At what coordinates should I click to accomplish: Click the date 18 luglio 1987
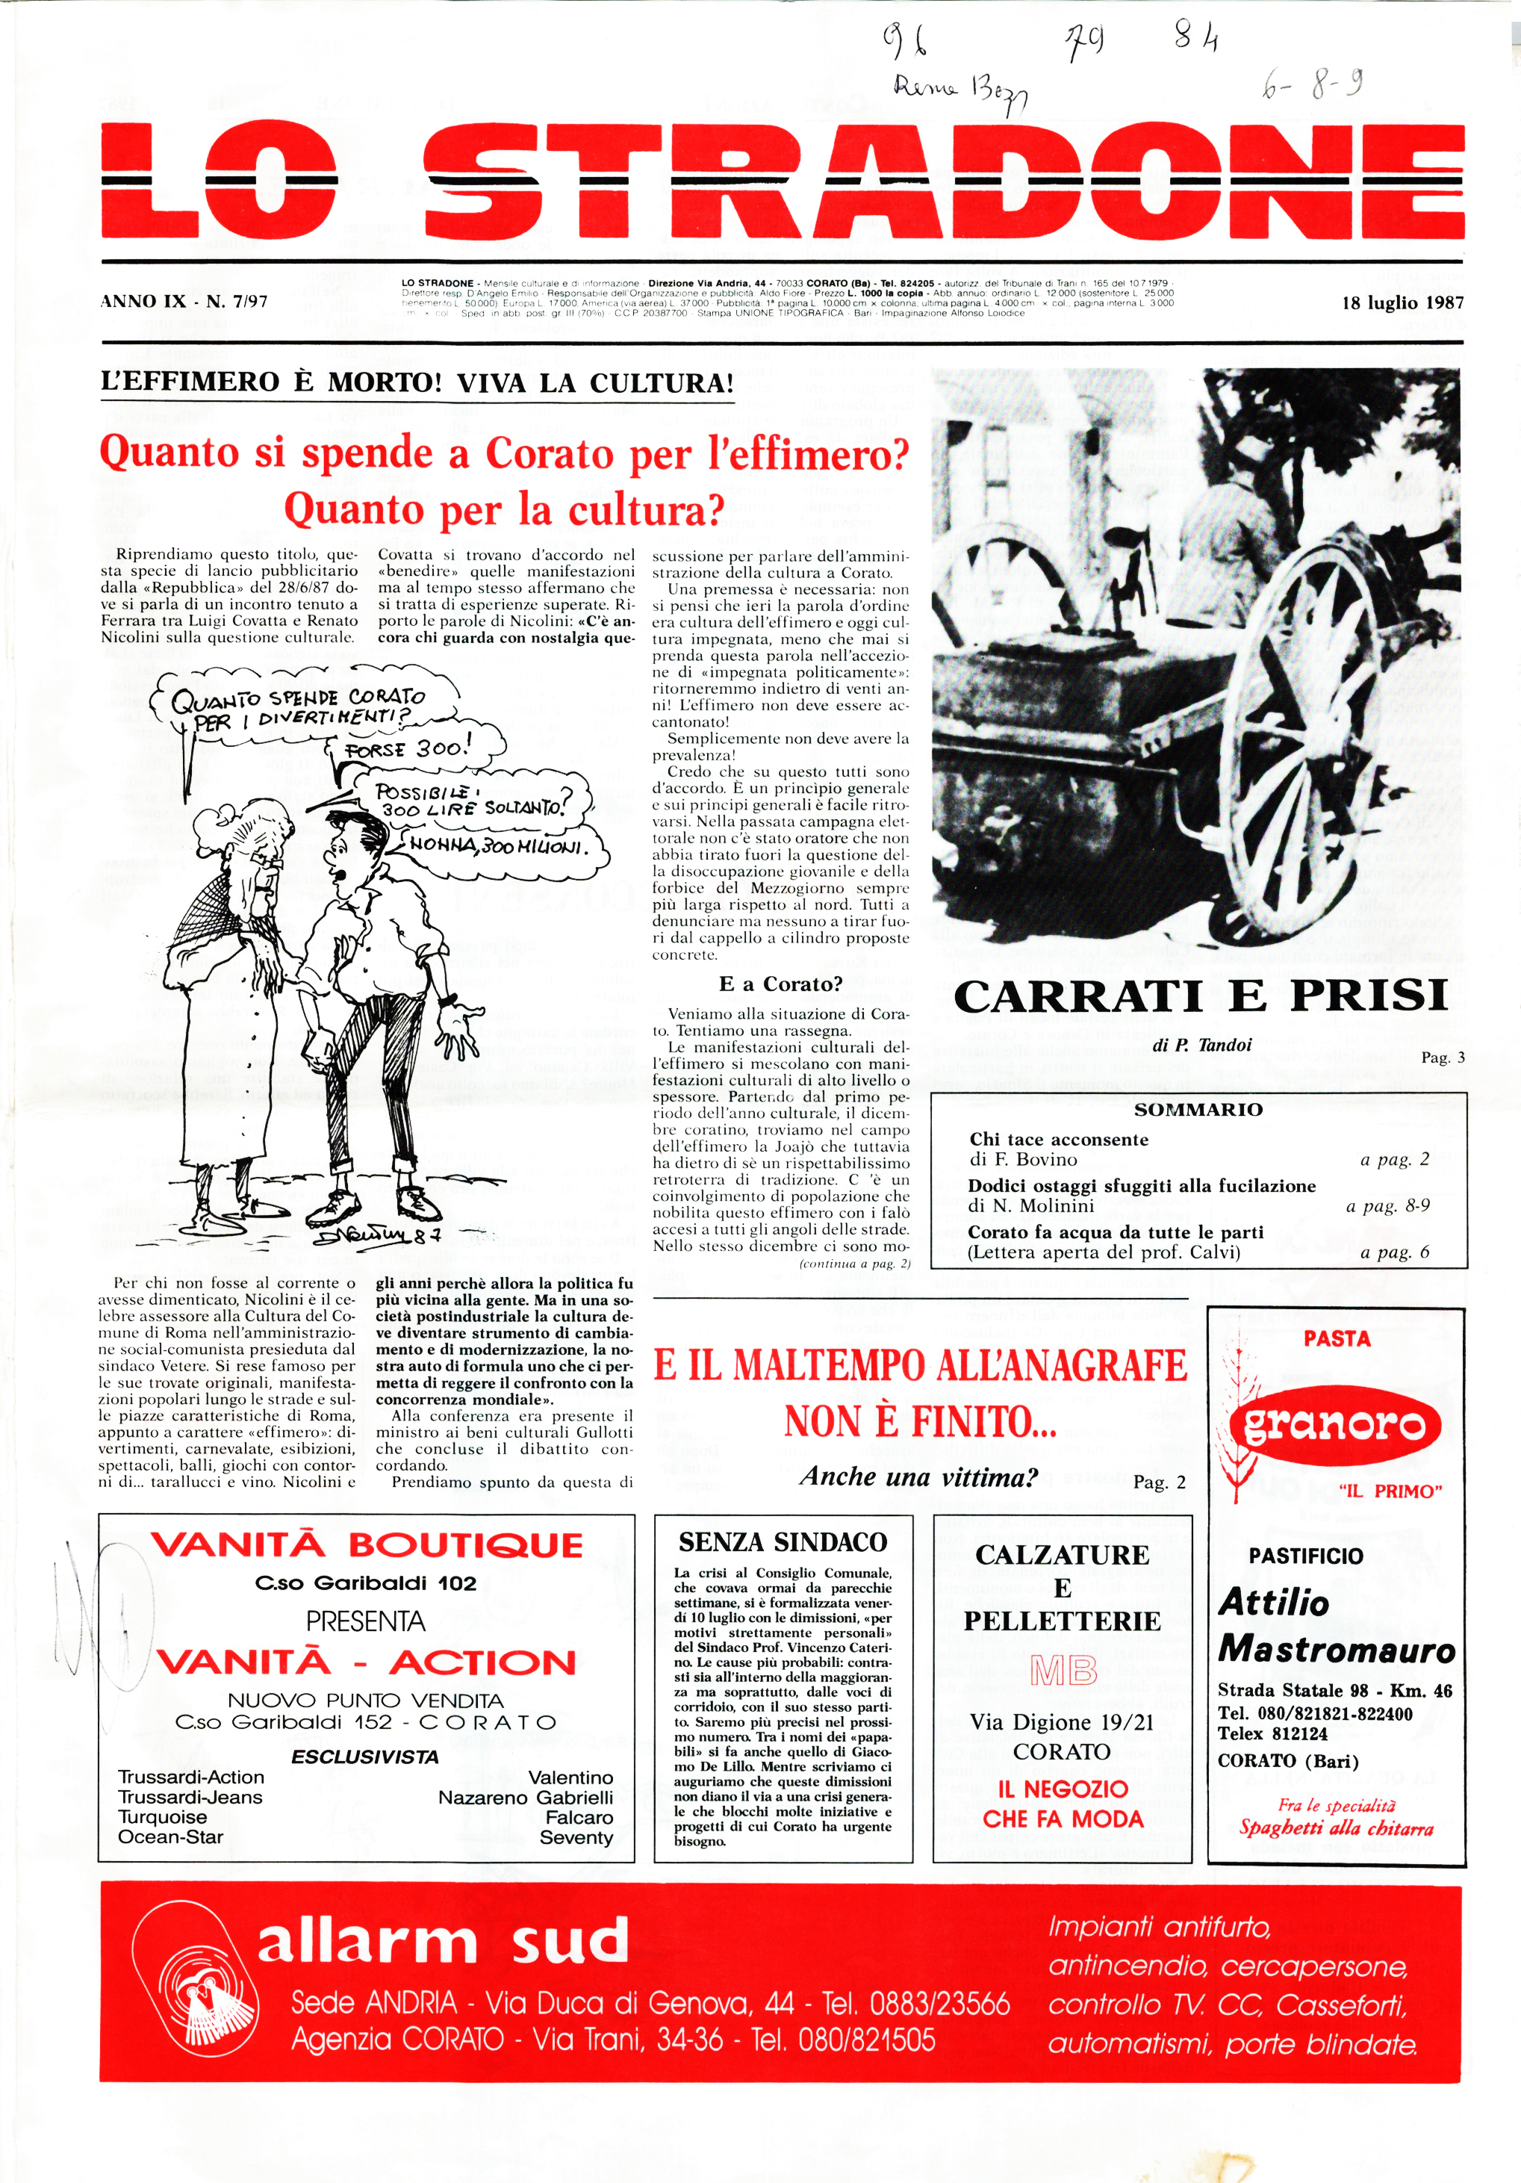click(1402, 303)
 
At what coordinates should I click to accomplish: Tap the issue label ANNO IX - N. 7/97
click(184, 302)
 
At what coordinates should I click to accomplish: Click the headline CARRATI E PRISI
click(1200, 996)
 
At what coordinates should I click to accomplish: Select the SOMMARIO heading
click(1198, 1110)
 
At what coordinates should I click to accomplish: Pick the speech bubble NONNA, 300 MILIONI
click(498, 845)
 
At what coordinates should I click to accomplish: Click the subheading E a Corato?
click(780, 984)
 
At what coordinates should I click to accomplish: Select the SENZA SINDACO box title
click(783, 1542)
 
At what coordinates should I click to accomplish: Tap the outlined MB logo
click(1063, 1670)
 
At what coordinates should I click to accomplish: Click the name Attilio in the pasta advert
click(1274, 1602)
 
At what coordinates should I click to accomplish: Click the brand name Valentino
click(570, 1777)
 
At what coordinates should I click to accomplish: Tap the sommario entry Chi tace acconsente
click(1058, 1139)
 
